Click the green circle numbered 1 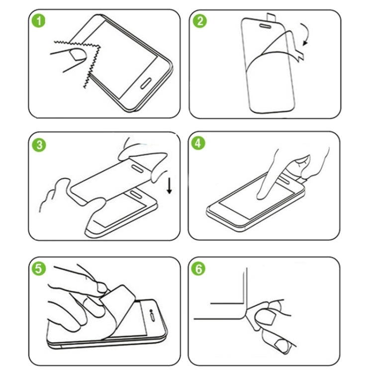38,22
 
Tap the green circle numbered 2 201,21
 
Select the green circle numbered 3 38,145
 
